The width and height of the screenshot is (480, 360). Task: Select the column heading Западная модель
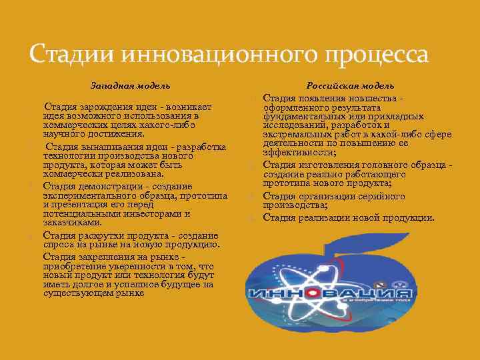click(x=130, y=85)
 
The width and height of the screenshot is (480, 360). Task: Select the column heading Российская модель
click(x=350, y=85)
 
